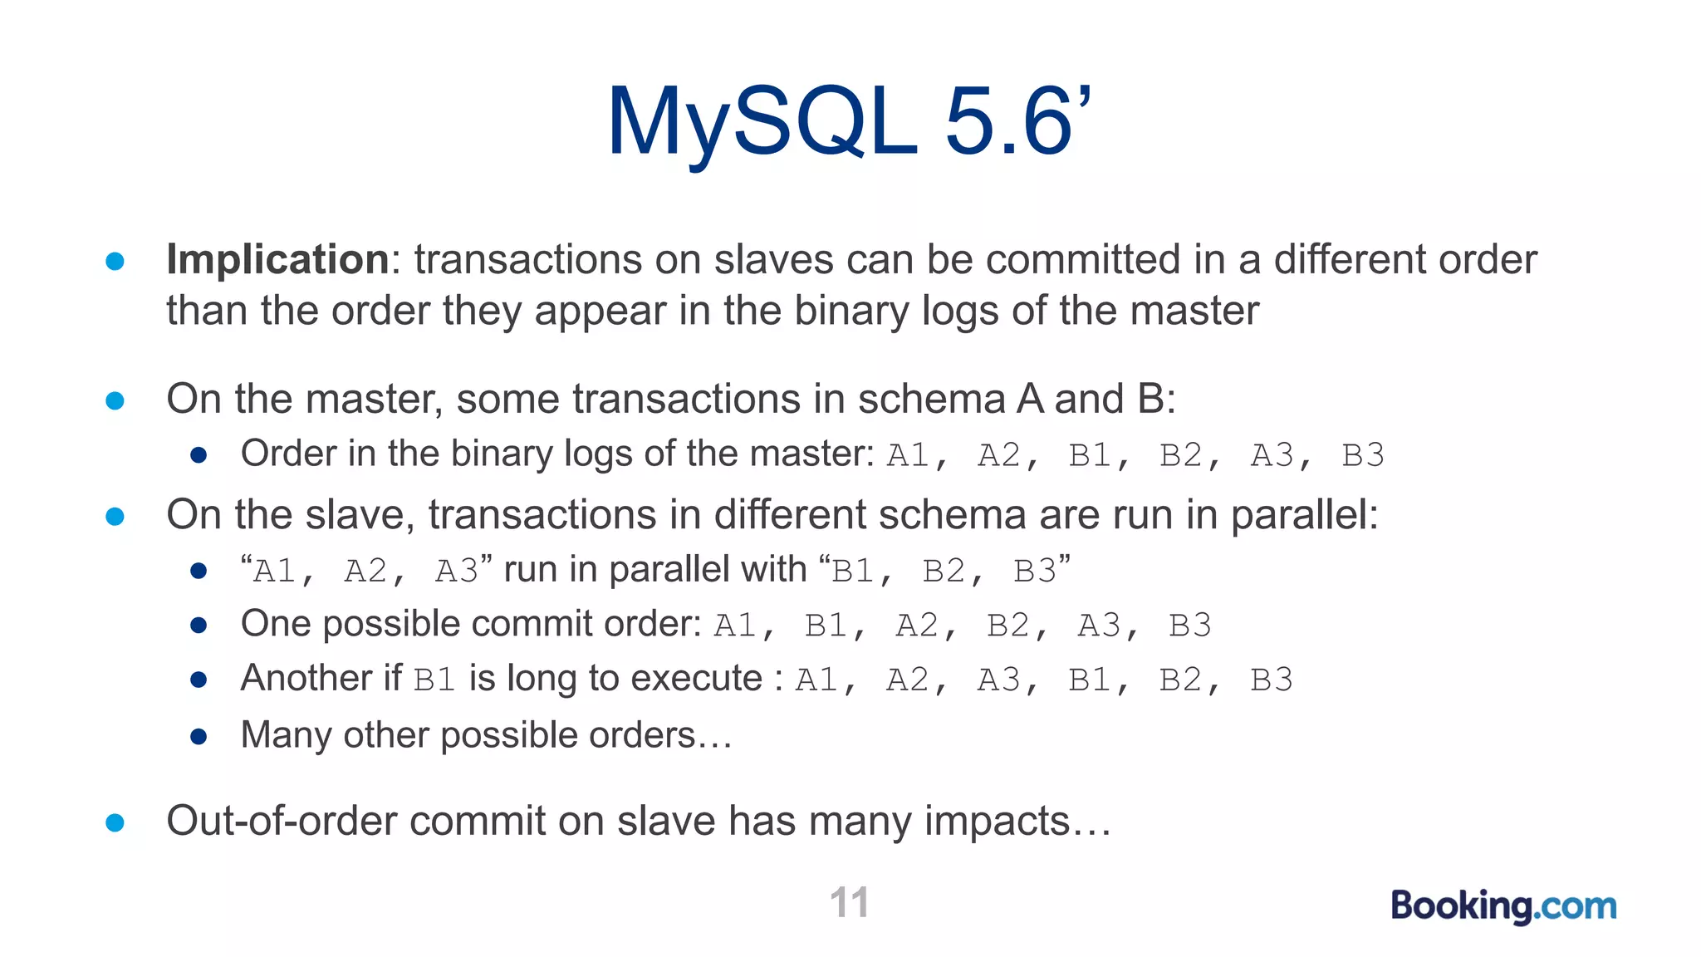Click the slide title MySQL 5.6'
(x=848, y=122)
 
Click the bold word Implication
(x=277, y=259)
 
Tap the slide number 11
(x=849, y=902)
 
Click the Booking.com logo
(x=1503, y=905)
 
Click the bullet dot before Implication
(x=115, y=262)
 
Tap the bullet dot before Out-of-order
(x=115, y=823)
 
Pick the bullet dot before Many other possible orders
(x=199, y=737)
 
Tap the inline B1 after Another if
(x=434, y=680)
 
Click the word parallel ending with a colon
(x=1304, y=515)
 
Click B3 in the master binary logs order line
(x=1363, y=455)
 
